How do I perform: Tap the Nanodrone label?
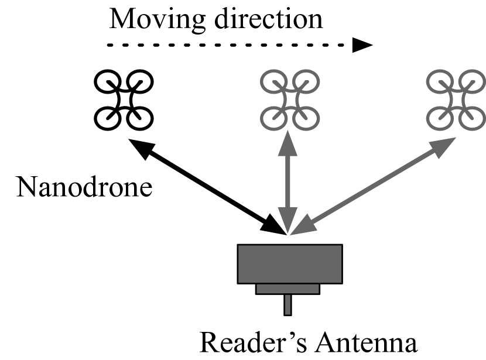coord(84,187)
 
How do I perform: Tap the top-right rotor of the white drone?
coord(140,83)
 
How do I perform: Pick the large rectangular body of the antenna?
coord(289,263)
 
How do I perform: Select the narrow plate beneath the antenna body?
coord(288,289)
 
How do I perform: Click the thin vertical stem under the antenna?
coord(288,304)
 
